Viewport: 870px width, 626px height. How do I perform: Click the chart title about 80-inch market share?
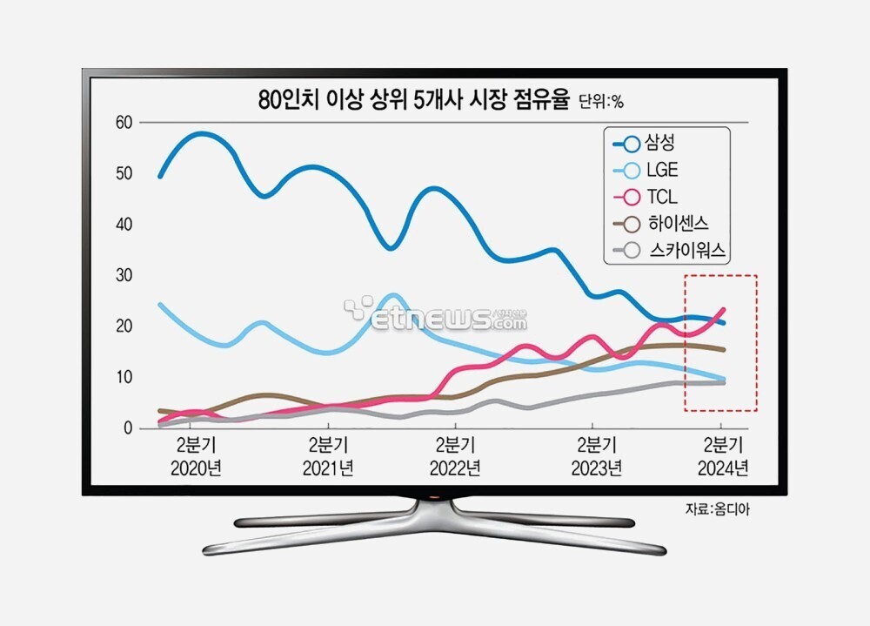413,100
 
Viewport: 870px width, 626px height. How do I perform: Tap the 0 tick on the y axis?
127,428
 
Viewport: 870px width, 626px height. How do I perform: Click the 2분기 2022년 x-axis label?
455,458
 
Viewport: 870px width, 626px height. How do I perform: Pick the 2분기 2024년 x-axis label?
723,458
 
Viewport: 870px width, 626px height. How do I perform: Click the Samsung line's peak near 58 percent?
201,133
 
